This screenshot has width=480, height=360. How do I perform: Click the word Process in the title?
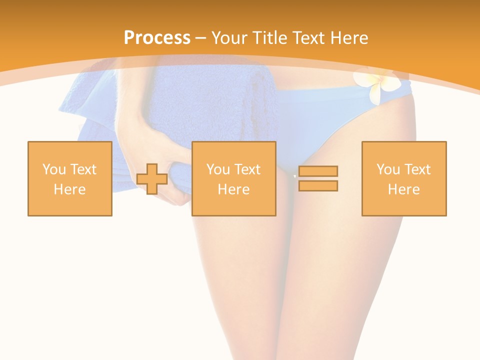click(x=157, y=38)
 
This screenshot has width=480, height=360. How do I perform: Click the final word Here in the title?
click(x=349, y=38)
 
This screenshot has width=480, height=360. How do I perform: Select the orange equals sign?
click(x=318, y=178)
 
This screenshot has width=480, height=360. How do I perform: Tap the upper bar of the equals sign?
click(x=318, y=171)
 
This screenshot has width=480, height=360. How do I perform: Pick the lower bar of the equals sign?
click(x=318, y=186)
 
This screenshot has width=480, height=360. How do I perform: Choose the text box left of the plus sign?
click(x=69, y=178)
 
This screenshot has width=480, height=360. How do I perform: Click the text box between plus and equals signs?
click(x=233, y=178)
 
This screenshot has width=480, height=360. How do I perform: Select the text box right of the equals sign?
click(x=403, y=178)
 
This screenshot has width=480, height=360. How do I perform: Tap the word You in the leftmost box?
click(x=54, y=169)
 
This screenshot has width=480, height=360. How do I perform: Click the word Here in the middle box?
click(x=233, y=189)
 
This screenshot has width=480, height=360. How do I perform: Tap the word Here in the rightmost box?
click(x=403, y=189)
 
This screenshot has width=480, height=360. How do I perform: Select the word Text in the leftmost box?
click(x=83, y=169)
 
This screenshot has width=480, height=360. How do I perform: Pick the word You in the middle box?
click(x=218, y=169)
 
